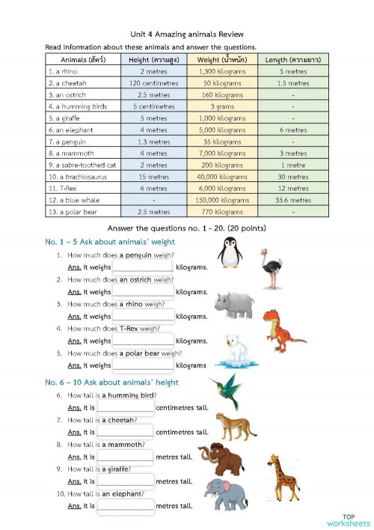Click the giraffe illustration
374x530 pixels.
[x=283, y=477]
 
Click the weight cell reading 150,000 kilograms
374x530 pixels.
[x=223, y=200]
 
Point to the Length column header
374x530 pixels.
[x=288, y=58]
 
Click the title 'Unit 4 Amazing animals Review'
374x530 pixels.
[x=187, y=34]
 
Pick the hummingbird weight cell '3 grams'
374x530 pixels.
[x=223, y=106]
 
